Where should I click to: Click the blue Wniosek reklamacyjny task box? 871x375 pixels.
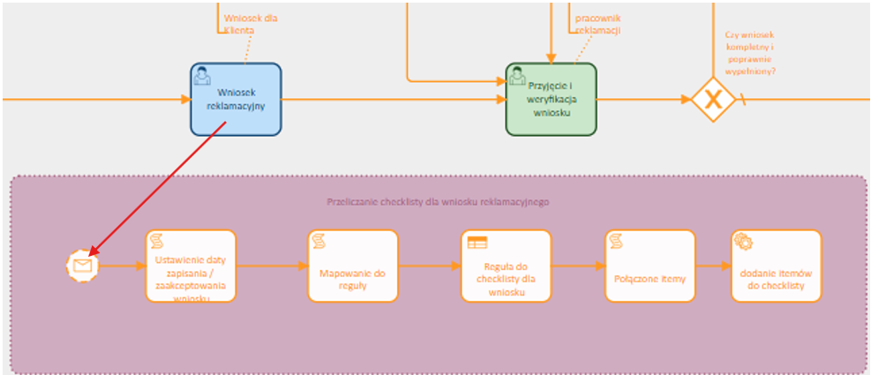pyautogui.click(x=236, y=99)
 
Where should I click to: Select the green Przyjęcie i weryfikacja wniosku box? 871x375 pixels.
pyautogui.click(x=551, y=100)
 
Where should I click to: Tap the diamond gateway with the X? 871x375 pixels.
pyautogui.click(x=713, y=99)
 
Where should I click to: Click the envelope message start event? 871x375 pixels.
pyautogui.click(x=82, y=265)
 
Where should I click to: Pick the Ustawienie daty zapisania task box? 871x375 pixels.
pyautogui.click(x=191, y=266)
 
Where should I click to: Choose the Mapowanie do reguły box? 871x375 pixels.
pyautogui.click(x=352, y=266)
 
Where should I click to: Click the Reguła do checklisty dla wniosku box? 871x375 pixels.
pyautogui.click(x=506, y=266)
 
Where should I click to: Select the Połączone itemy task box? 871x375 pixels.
pyautogui.click(x=649, y=266)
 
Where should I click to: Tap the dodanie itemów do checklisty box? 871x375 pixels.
pyautogui.click(x=776, y=266)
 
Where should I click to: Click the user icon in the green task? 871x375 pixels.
pyautogui.click(x=517, y=76)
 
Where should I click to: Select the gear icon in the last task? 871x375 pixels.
pyautogui.click(x=743, y=241)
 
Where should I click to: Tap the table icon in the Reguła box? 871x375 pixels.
pyautogui.click(x=477, y=242)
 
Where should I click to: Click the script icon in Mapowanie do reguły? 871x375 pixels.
pyautogui.click(x=319, y=241)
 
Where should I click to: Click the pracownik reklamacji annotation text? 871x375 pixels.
pyautogui.click(x=597, y=23)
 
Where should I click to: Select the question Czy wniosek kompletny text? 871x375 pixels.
pyautogui.click(x=749, y=53)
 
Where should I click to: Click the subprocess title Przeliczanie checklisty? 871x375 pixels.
pyautogui.click(x=438, y=201)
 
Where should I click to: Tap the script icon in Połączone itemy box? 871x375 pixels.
pyautogui.click(x=616, y=241)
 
